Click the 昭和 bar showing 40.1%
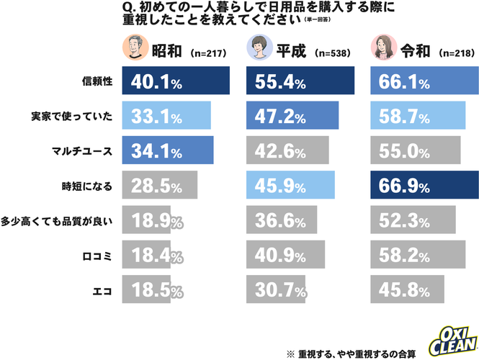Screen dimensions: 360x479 click(x=176, y=81)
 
